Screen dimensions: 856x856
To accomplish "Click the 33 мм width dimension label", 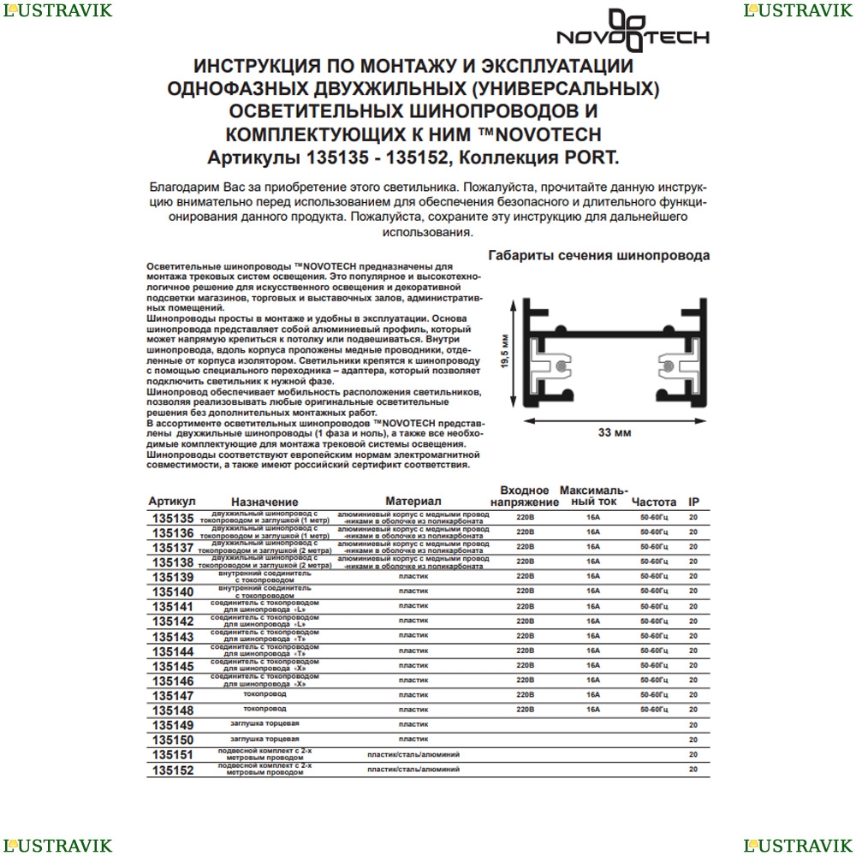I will (x=615, y=434).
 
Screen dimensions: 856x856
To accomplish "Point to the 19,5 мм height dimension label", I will (x=505, y=352).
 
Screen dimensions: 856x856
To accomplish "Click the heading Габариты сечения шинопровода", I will (x=598, y=255).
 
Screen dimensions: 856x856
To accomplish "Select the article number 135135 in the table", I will (x=172, y=518).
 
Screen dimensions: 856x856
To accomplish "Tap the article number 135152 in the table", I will (x=172, y=770).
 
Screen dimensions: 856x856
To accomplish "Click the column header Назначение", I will (x=265, y=502).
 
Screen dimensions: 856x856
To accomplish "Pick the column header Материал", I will (x=413, y=500).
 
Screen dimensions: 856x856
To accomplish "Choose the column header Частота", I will (x=654, y=502).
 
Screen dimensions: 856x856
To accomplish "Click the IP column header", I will (x=694, y=502).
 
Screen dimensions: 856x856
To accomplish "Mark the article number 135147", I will (x=172, y=697).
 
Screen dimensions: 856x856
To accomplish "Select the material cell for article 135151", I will (x=413, y=754).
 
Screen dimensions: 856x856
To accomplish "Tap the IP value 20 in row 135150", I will (x=693, y=739).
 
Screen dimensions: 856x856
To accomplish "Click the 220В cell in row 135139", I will (x=526, y=576).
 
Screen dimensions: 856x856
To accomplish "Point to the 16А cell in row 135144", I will (x=593, y=651).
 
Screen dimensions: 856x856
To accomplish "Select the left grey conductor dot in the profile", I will (x=559, y=366).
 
